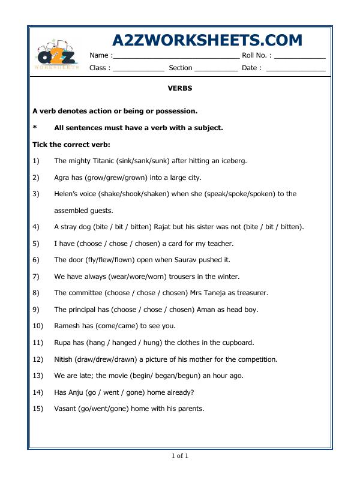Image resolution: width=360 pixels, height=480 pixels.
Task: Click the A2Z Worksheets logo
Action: tap(56, 56)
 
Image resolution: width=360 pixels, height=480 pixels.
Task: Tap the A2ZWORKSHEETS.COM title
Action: tap(207, 40)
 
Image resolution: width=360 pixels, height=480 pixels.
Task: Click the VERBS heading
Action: tap(179, 88)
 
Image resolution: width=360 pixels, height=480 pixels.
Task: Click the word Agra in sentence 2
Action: tap(62, 178)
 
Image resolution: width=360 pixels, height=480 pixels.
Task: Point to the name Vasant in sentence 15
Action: tap(65, 409)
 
